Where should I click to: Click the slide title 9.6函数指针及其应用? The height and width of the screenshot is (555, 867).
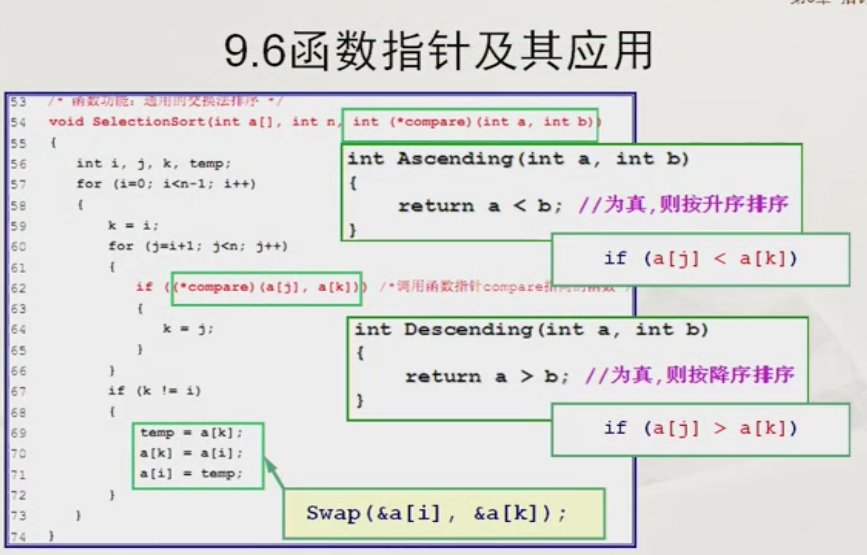(438, 51)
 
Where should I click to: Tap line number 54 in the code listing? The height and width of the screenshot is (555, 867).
(18, 122)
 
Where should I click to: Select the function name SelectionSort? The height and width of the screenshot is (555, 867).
(149, 122)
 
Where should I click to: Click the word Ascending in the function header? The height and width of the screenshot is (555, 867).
(455, 159)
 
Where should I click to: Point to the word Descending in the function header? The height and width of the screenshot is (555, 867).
(468, 330)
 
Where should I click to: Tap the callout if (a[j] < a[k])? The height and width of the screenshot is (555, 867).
(700, 259)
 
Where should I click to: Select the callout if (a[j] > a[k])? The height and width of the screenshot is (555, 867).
(700, 429)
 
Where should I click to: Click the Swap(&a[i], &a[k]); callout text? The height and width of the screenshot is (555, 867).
(436, 514)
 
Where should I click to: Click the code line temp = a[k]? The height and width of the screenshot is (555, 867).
(191, 433)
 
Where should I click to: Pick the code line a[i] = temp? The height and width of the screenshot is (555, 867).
(191, 474)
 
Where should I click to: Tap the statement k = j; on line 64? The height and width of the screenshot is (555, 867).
(188, 329)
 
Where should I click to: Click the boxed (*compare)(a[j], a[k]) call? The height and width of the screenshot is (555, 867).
(266, 288)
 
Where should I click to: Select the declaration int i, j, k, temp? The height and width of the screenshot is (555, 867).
(154, 164)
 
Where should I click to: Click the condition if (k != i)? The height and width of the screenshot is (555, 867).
(155, 391)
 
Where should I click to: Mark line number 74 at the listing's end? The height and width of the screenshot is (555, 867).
(18, 537)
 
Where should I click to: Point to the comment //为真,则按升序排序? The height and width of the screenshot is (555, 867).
(683, 204)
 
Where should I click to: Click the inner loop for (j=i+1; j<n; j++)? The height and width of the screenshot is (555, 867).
(198, 247)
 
